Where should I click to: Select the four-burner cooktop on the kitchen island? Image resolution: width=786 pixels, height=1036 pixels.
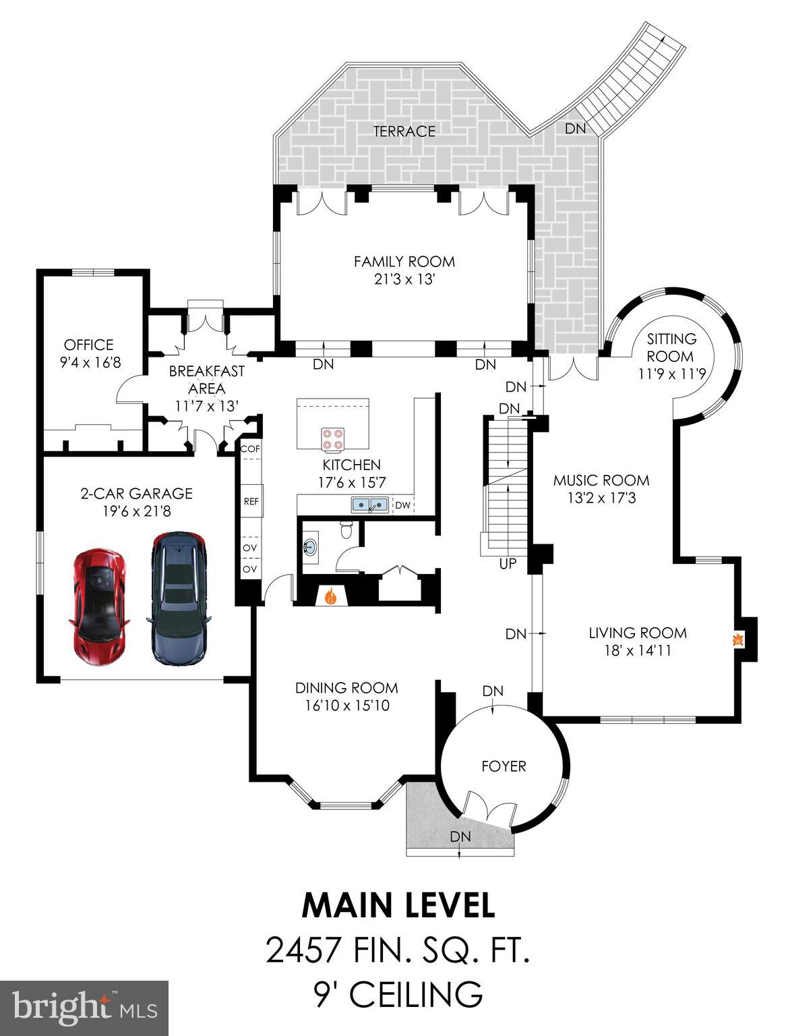332,439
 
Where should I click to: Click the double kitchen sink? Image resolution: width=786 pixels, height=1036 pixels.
369,505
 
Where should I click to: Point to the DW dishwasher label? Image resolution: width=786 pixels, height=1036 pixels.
402,505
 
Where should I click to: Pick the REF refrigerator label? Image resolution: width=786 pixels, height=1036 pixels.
250,502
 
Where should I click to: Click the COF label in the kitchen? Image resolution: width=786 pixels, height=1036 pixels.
250,449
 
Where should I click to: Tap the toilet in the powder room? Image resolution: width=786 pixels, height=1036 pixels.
346,529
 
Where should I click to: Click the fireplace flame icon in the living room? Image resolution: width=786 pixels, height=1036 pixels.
738,639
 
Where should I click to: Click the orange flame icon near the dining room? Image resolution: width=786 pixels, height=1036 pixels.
330,596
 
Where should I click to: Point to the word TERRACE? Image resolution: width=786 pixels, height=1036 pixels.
404,131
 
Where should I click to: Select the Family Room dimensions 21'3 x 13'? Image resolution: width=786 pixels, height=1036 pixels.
404,279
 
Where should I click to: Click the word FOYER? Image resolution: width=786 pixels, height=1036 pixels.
504,766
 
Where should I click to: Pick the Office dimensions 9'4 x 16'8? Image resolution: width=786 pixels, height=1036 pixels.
90,363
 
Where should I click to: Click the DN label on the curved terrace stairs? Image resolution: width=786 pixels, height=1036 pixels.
575,128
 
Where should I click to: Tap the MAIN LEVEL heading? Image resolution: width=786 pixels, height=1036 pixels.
398,905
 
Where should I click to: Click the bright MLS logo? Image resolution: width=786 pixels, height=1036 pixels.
84,1008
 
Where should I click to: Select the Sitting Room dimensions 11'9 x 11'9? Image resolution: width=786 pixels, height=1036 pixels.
671,373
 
